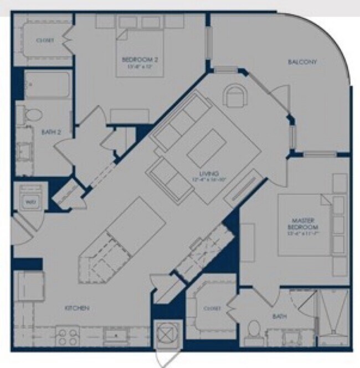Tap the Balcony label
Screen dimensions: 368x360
302,63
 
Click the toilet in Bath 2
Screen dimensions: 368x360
33,115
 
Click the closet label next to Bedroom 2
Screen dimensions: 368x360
44,40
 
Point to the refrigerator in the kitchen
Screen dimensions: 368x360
28,287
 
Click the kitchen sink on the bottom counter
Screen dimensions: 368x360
115,335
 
